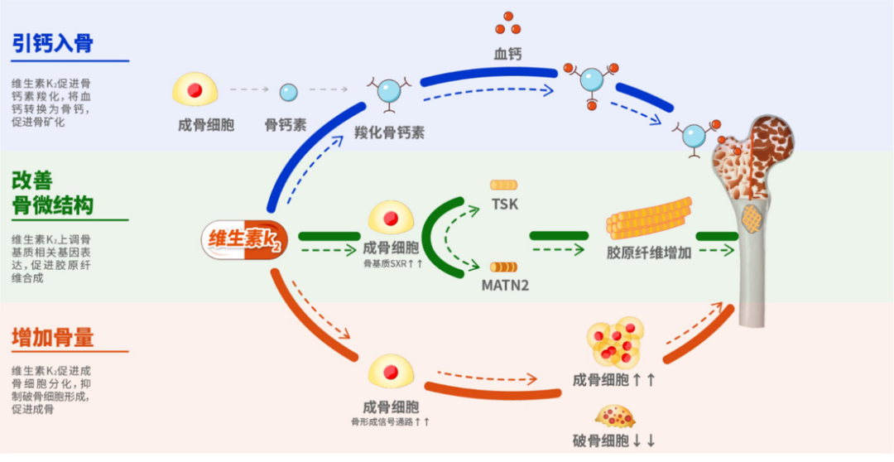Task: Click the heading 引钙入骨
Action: click(53, 44)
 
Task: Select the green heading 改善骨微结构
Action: click(53, 192)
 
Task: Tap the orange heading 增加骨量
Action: click(53, 337)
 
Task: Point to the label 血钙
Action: click(507, 54)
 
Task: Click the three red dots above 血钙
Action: click(507, 24)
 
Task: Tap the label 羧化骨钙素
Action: click(389, 132)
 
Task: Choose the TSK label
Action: click(504, 204)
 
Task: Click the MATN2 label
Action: click(505, 285)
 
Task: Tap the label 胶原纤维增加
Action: click(648, 253)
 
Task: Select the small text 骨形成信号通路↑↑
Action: click(391, 422)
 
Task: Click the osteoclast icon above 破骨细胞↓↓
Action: click(615, 416)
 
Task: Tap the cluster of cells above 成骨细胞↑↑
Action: click(615, 341)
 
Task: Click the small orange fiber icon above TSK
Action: click(503, 185)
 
